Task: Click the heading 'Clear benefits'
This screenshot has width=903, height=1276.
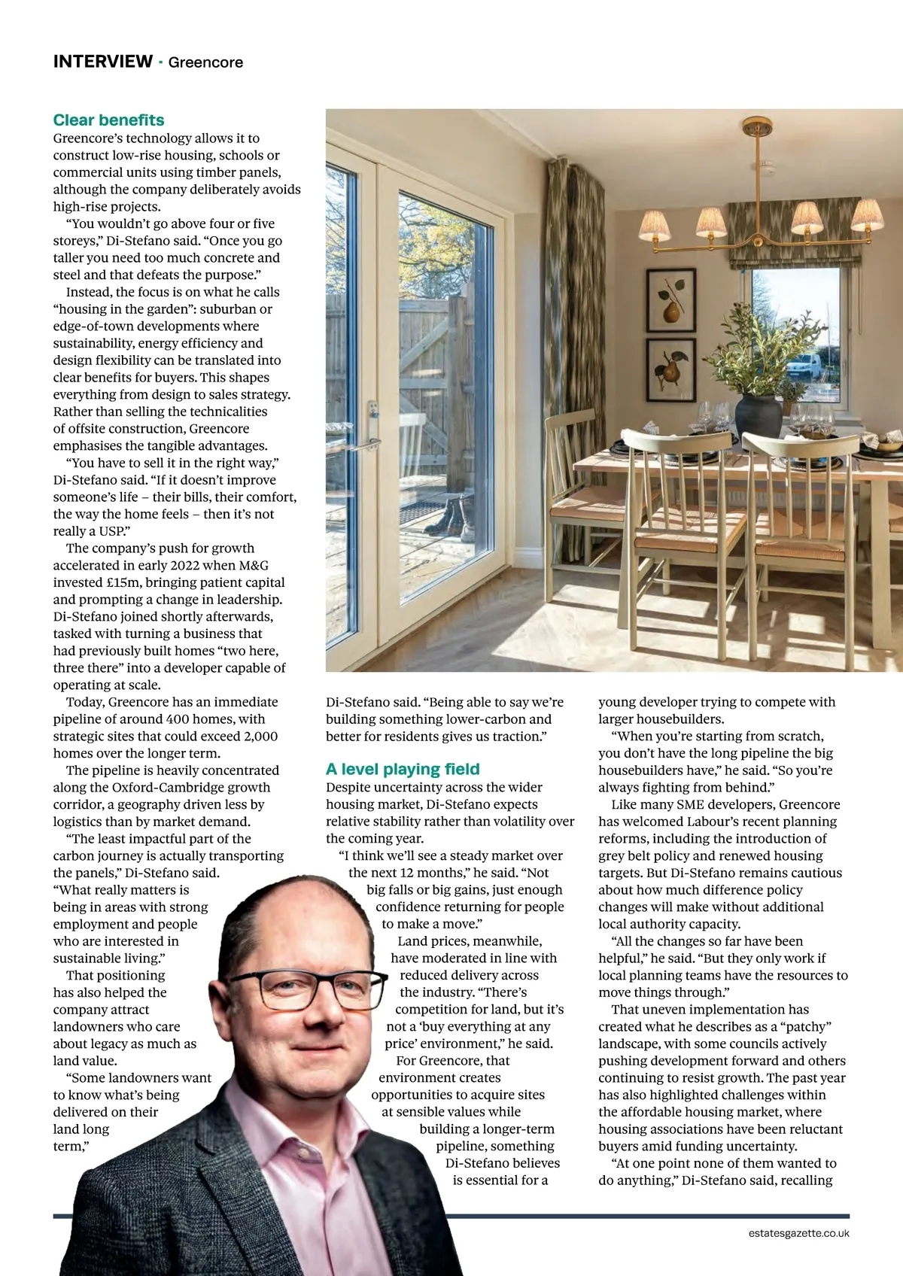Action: click(x=108, y=120)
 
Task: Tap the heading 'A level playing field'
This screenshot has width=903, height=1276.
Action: click(x=403, y=769)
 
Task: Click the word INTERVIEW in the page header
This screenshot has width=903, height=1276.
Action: click(x=102, y=62)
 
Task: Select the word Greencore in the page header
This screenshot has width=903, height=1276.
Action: click(x=205, y=62)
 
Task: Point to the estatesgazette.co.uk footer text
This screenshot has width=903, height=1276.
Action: click(x=798, y=1233)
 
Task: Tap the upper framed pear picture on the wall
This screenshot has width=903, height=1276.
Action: click(x=670, y=299)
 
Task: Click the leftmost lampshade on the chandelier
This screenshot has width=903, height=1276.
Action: click(x=654, y=224)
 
